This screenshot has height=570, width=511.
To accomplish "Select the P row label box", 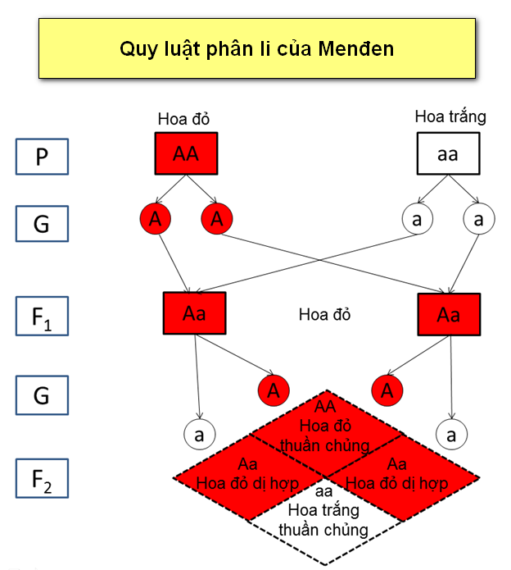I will (x=42, y=157).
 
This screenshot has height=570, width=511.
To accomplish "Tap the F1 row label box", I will (x=42, y=317).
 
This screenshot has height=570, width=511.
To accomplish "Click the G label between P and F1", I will (x=42, y=223).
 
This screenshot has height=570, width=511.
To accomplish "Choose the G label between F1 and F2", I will (x=42, y=395).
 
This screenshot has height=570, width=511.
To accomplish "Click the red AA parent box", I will (x=186, y=154).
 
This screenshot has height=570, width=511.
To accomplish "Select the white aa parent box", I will (x=447, y=154).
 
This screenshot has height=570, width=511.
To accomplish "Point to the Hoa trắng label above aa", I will (x=450, y=116).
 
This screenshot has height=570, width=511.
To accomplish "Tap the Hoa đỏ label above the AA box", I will (x=184, y=120).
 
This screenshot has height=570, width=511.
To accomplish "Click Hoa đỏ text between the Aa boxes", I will (x=324, y=314).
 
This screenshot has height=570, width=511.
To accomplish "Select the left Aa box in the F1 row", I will (x=195, y=312).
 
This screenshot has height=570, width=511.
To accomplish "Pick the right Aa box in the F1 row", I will (x=449, y=315).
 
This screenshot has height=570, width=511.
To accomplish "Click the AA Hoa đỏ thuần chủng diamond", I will (x=325, y=426).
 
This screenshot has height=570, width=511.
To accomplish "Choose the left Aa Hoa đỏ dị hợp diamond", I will (x=247, y=475).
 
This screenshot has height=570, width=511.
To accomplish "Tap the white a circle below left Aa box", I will (x=197, y=432).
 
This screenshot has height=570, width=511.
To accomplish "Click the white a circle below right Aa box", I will (x=450, y=432).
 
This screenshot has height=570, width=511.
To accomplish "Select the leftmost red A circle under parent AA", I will (x=154, y=219).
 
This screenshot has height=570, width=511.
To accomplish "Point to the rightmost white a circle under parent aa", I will (x=478, y=219).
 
